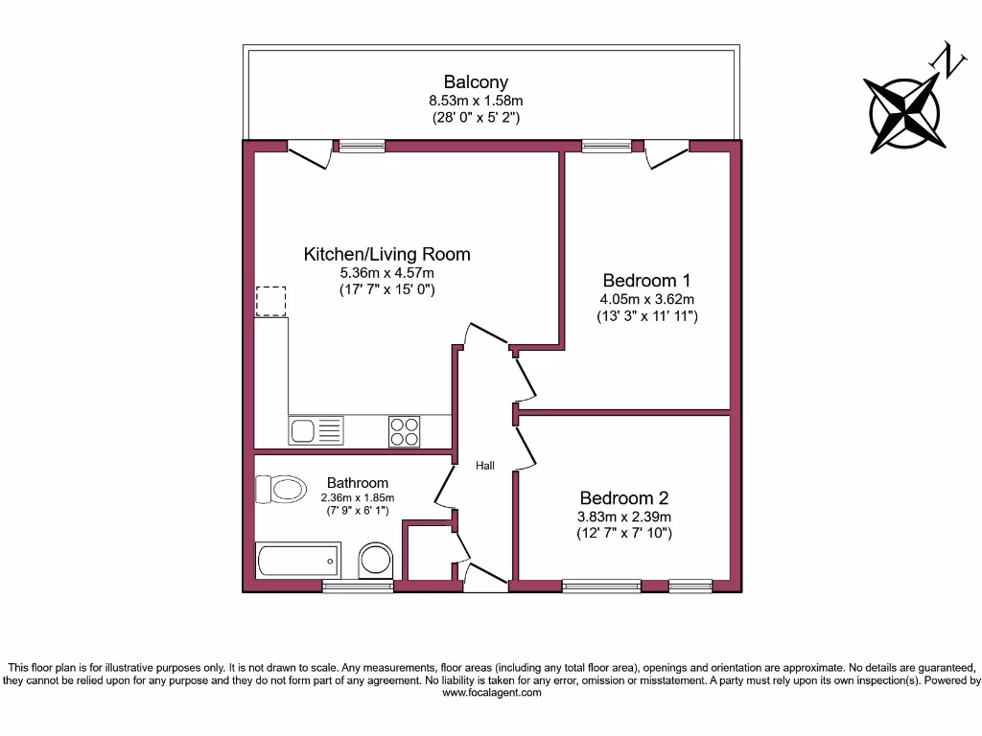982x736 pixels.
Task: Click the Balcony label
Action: [x=475, y=82]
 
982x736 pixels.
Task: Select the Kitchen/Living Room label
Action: [x=386, y=254]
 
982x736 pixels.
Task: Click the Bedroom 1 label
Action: [x=646, y=281]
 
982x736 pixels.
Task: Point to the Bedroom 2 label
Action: [x=623, y=498]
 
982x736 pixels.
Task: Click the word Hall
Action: [x=485, y=466]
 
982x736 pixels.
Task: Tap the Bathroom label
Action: [x=358, y=483]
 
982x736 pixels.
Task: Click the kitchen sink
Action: [x=316, y=430]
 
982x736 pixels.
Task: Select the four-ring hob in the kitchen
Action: [x=404, y=431]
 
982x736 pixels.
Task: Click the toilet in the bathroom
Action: [x=278, y=490]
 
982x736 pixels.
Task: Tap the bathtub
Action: [x=298, y=560]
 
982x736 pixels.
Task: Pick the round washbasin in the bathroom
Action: [x=375, y=562]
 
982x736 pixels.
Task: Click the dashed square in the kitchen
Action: [x=271, y=301]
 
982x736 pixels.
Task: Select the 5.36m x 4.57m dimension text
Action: [x=386, y=272]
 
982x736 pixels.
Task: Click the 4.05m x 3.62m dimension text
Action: [x=646, y=299]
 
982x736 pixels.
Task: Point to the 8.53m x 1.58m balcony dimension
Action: [x=475, y=101]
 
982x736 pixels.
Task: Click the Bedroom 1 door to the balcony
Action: [x=666, y=153]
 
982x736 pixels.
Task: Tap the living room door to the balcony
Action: [x=310, y=153]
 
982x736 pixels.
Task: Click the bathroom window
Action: [x=357, y=586]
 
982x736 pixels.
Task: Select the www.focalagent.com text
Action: [x=491, y=692]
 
